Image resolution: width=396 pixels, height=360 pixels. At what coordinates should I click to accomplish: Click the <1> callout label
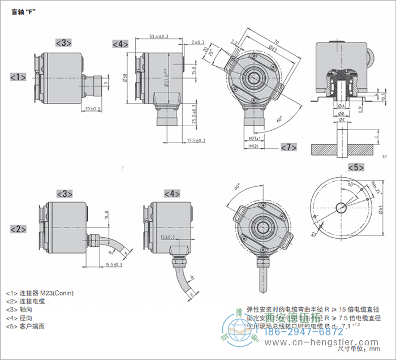point(18,76)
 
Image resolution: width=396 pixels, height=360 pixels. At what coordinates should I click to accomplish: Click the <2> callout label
point(18,229)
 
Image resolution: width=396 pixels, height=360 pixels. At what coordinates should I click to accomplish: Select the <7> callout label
point(289,147)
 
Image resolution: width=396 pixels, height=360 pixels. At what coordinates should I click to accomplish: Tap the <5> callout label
point(356,167)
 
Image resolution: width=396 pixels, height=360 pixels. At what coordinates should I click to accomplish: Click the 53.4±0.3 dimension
point(160,37)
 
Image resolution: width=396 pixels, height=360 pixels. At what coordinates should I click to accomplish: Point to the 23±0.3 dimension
point(92,109)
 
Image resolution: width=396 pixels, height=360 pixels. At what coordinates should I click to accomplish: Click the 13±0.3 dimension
point(167,237)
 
